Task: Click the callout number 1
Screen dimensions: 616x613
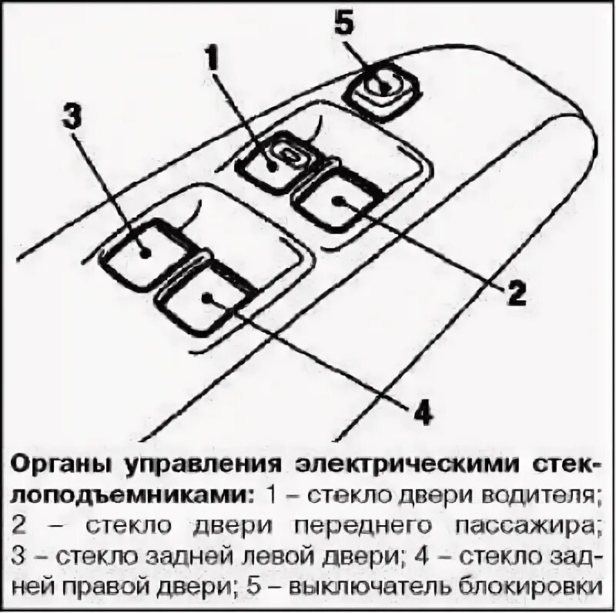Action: coord(216,59)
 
